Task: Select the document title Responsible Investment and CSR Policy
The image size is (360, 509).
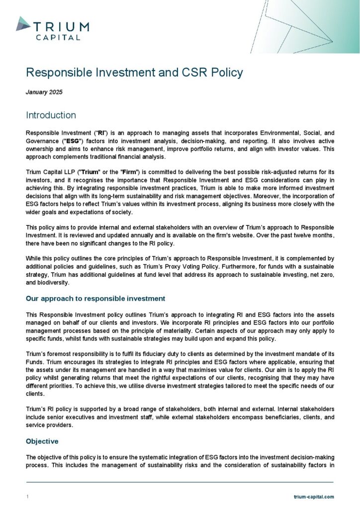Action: (134, 73)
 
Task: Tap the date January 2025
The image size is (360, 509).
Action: (44, 92)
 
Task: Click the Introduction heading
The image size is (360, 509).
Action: (51, 115)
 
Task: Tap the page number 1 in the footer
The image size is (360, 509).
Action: (27, 497)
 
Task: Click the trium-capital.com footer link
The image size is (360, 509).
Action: (314, 497)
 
